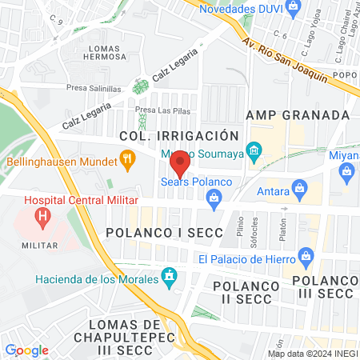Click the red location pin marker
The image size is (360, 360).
tap(180, 162)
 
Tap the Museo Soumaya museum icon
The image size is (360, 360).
tap(254, 150)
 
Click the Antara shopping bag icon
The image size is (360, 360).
tap(299, 190)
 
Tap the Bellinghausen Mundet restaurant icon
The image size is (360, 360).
tap(127, 159)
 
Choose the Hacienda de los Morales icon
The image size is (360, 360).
tap(168, 278)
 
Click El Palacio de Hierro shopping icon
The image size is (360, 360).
tap(306, 257)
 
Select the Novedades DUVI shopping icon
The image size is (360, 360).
tap(294, 7)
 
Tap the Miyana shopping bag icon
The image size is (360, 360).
tap(347, 170)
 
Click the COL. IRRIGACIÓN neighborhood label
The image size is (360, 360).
tap(178, 136)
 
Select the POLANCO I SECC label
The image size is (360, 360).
tap(156, 232)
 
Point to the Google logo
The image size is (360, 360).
tap(26, 350)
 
